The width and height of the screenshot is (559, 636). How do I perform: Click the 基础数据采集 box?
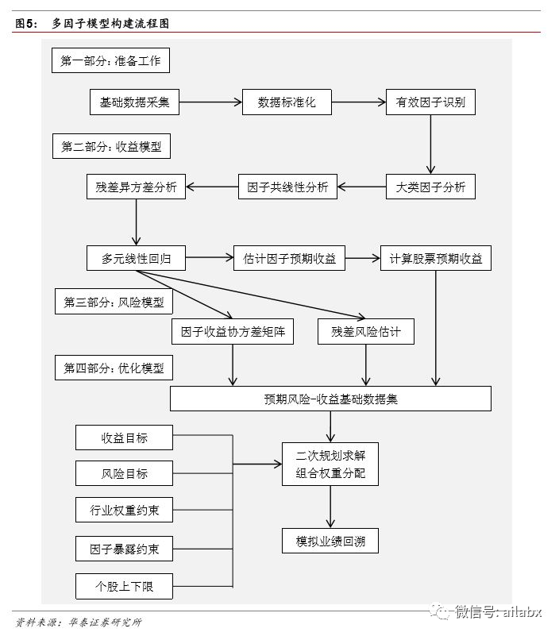[135, 102]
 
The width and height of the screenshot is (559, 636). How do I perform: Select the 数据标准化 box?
[287, 102]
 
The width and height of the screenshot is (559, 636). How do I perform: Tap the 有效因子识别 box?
[430, 102]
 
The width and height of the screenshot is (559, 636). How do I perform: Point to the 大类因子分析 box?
[430, 187]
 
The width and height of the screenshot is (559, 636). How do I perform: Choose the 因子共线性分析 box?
[287, 187]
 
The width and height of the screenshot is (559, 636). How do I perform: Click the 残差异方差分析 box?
[136, 187]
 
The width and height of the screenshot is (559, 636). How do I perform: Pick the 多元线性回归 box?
[136, 258]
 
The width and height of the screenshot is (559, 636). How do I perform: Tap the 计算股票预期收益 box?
[436, 258]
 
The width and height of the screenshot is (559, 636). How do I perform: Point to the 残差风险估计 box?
[366, 332]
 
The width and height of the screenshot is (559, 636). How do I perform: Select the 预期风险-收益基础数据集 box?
[330, 399]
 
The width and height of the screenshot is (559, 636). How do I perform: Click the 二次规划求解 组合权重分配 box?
[330, 464]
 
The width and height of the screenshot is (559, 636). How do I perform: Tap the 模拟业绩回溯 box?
[330, 542]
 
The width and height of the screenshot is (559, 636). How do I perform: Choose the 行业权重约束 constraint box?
[124, 510]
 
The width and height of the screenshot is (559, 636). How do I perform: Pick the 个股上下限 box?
[124, 587]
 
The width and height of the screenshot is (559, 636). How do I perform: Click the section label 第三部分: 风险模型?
[114, 303]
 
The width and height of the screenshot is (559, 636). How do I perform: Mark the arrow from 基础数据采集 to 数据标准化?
[210, 102]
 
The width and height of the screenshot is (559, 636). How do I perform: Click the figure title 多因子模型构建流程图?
[110, 24]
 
